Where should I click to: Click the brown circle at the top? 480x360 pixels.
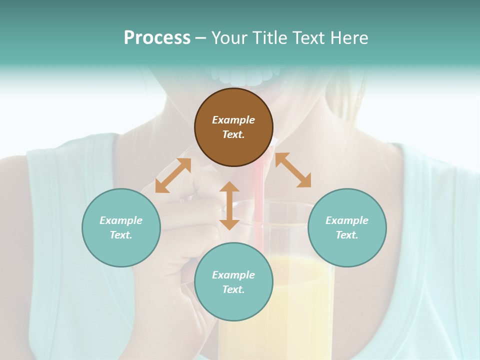coord(233,127)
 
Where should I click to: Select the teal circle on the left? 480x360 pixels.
coord(121,227)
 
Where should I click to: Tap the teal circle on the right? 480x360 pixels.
coord(347,227)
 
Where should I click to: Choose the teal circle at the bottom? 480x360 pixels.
coord(233,281)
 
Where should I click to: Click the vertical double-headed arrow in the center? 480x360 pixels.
coord(229,205)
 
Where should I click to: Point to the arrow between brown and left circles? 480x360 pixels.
coord(173,175)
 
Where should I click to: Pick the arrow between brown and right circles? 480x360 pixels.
coord(293,170)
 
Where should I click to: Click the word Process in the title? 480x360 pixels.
coord(157,38)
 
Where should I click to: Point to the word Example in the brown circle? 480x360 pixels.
coord(233,120)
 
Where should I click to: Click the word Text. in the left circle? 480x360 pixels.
coord(121,235)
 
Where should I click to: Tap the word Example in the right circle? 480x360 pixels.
coord(347,220)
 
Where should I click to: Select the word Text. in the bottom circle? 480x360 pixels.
coord(233,289)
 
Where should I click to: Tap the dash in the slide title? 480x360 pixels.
coord(201,38)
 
